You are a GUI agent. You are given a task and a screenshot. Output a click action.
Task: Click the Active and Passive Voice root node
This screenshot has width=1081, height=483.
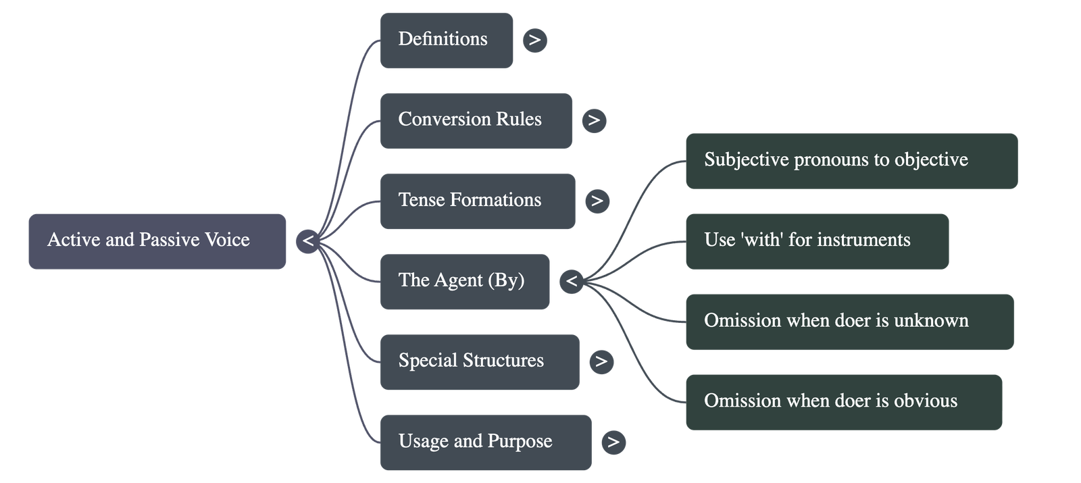pyautogui.click(x=157, y=241)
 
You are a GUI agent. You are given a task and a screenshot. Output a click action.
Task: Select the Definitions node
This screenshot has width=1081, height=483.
pyautogui.click(x=446, y=40)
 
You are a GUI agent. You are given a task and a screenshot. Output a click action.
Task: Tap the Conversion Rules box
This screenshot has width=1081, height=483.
pyautogui.click(x=476, y=120)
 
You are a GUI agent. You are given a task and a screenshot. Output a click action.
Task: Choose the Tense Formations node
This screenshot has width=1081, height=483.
pyautogui.click(x=477, y=201)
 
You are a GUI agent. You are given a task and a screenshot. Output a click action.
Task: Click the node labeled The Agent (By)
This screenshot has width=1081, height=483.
pyautogui.click(x=464, y=282)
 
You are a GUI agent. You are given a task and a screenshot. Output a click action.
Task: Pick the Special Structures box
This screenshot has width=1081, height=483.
pyautogui.click(x=479, y=361)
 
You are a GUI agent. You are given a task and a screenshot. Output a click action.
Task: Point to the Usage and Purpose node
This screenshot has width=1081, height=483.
pyautogui.click(x=485, y=442)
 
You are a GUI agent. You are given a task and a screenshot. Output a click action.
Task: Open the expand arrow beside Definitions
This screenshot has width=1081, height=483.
pyautogui.click(x=534, y=40)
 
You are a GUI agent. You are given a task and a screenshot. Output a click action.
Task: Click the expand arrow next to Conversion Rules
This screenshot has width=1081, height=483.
pyautogui.click(x=594, y=120)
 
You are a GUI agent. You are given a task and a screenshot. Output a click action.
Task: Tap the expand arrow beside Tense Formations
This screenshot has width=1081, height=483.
pyautogui.click(x=597, y=201)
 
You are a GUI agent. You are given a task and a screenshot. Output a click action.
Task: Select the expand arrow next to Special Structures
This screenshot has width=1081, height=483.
pyautogui.click(x=601, y=361)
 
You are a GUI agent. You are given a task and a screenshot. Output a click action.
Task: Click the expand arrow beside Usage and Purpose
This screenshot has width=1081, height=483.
pyautogui.click(x=613, y=442)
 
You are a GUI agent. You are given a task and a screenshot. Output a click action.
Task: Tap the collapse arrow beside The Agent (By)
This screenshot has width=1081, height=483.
pyautogui.click(x=572, y=281)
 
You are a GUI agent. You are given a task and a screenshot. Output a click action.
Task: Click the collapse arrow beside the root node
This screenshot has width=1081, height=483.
pyautogui.click(x=308, y=241)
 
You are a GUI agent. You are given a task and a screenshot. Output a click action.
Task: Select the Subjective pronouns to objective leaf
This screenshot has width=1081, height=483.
pyautogui.click(x=851, y=161)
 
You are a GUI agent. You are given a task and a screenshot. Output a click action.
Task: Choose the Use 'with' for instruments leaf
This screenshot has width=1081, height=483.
pyautogui.click(x=817, y=241)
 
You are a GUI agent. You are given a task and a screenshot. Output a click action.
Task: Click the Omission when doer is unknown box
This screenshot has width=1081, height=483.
pyautogui.click(x=849, y=322)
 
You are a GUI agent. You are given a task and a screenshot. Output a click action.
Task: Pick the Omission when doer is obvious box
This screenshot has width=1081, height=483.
pyautogui.click(x=843, y=402)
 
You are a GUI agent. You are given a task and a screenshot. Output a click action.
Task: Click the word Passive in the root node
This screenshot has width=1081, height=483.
pyautogui.click(x=169, y=240)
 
